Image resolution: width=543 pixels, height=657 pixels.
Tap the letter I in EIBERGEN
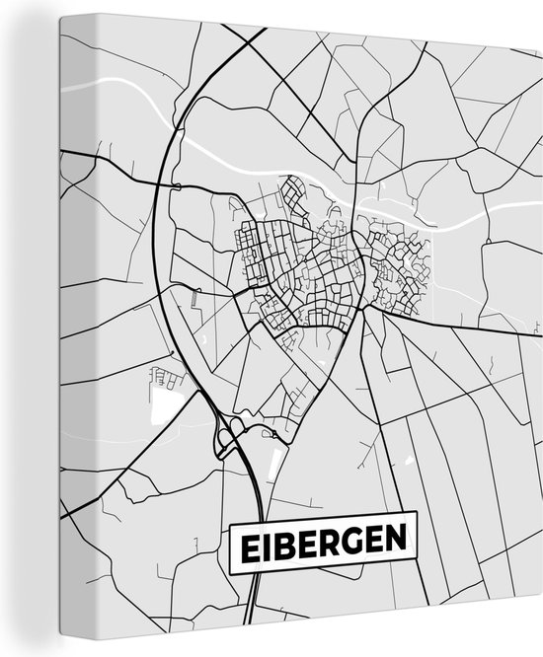(x=269, y=543)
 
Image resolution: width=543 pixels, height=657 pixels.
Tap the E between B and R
(x=310, y=542)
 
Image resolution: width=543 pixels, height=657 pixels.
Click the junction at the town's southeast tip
(x=363, y=310)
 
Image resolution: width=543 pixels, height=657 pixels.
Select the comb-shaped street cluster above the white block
(x=163, y=376)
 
